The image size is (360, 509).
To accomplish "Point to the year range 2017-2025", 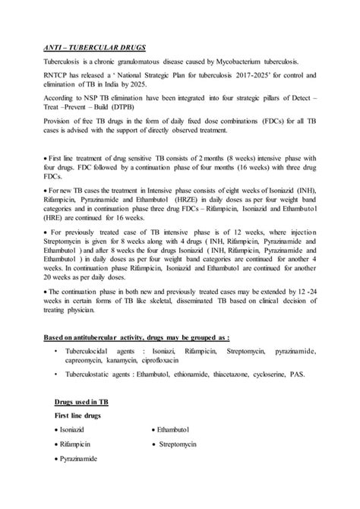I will click(250, 77).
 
